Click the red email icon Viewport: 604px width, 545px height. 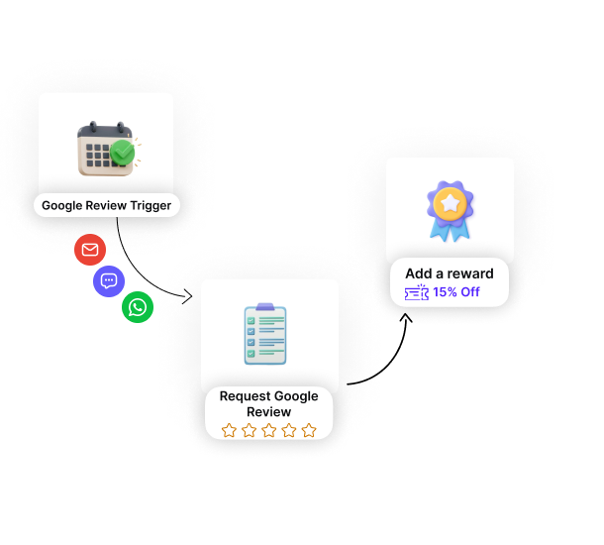click(x=90, y=250)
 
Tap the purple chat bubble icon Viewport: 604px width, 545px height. click(x=109, y=281)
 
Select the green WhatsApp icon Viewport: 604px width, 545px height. click(x=138, y=307)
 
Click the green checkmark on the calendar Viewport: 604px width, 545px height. click(x=123, y=153)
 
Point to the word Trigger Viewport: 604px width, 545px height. click(x=151, y=206)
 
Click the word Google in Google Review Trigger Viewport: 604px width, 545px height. click(x=62, y=206)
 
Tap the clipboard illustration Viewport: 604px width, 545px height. click(x=265, y=334)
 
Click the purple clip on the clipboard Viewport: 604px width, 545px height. click(x=265, y=307)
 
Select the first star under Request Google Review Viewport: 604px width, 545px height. click(x=229, y=430)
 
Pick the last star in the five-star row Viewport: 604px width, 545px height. click(x=309, y=430)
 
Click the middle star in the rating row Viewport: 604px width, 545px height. click(x=269, y=430)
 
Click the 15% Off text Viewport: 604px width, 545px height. click(x=456, y=292)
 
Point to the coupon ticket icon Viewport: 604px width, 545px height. click(x=417, y=292)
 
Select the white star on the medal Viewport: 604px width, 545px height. click(x=451, y=203)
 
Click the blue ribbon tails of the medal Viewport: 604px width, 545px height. click(x=450, y=231)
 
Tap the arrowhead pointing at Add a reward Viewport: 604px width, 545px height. click(x=406, y=318)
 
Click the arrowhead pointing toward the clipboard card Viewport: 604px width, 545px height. click(x=187, y=296)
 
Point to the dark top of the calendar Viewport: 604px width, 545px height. click(x=105, y=131)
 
